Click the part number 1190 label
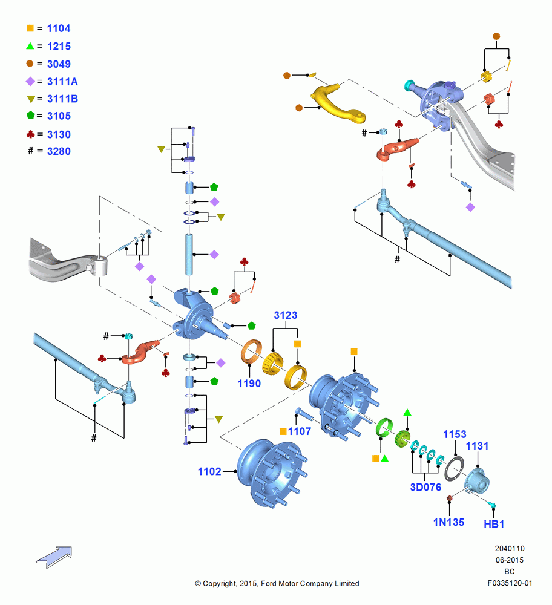[249, 384]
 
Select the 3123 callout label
[286, 315]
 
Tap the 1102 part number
[209, 471]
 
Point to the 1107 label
[299, 431]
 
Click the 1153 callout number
[455, 434]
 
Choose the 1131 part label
[477, 446]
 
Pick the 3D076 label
[425, 487]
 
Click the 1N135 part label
[448, 523]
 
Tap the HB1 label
[494, 525]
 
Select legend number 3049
[59, 64]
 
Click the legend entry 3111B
[62, 99]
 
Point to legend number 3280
[59, 151]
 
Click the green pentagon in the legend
[30, 115]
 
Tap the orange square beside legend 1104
[30, 28]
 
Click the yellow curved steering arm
[337, 105]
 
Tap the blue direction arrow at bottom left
[54, 557]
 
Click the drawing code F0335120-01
[510, 583]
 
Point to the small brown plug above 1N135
[449, 499]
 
